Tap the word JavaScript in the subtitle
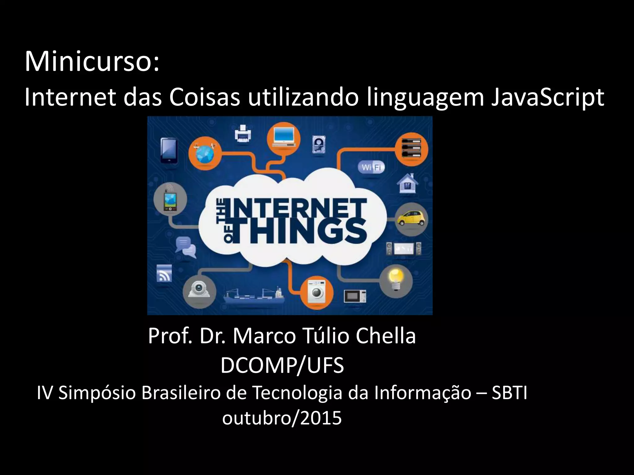547,97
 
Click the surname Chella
385,336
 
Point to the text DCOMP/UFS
282,365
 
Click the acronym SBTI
509,393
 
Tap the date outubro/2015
282,418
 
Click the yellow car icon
411,218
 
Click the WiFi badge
371,167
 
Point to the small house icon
407,183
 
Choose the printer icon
243,134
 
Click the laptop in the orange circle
283,137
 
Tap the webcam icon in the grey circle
199,290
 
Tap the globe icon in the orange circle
205,153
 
